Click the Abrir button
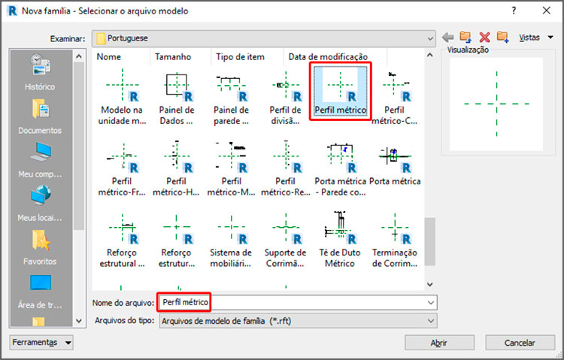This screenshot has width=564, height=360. (439, 343)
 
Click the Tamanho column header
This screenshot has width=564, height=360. (173, 57)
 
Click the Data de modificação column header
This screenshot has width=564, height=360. (328, 57)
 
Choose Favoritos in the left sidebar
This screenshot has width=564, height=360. (39, 248)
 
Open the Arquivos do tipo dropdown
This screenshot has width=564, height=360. (297, 321)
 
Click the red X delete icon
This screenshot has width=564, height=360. (485, 37)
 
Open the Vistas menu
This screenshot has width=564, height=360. (535, 37)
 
